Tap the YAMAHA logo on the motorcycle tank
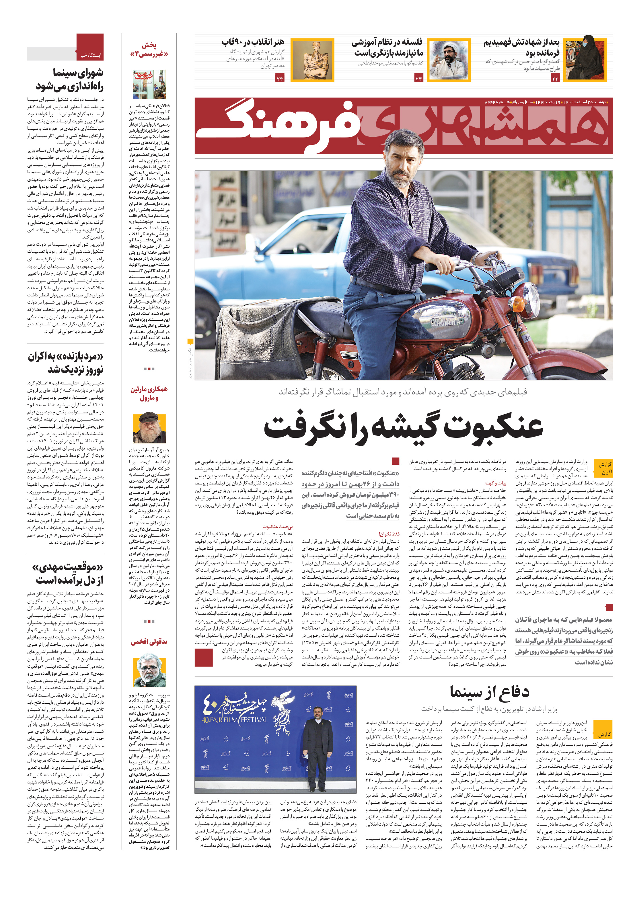click(x=447, y=321)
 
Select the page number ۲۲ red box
click(x=555, y=79)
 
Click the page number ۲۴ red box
click(x=280, y=79)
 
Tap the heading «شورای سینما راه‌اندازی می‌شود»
click(x=70, y=79)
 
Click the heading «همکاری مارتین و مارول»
click(x=149, y=393)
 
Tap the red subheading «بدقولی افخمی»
click(x=149, y=642)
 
